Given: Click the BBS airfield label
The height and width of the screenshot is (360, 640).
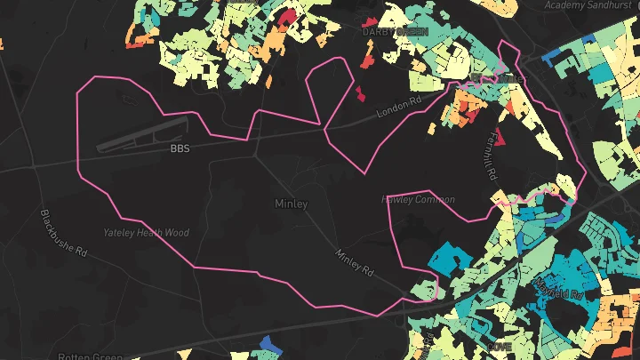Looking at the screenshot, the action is pyautogui.click(x=180, y=148).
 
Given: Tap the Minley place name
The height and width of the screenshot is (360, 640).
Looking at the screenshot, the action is pyautogui.click(x=291, y=204).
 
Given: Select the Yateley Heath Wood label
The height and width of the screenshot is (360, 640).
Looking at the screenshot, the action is pyautogui.click(x=146, y=233).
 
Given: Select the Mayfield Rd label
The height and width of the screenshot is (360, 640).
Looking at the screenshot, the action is pyautogui.click(x=557, y=289).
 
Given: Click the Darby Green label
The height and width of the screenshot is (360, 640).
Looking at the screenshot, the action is pyautogui.click(x=395, y=31).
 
